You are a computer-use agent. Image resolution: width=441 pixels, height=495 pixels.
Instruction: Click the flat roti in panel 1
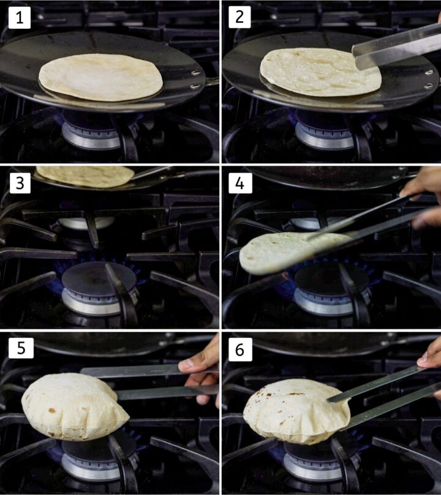tap(101, 78)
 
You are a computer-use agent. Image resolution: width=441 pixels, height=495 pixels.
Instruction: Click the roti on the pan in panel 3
tap(86, 176)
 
